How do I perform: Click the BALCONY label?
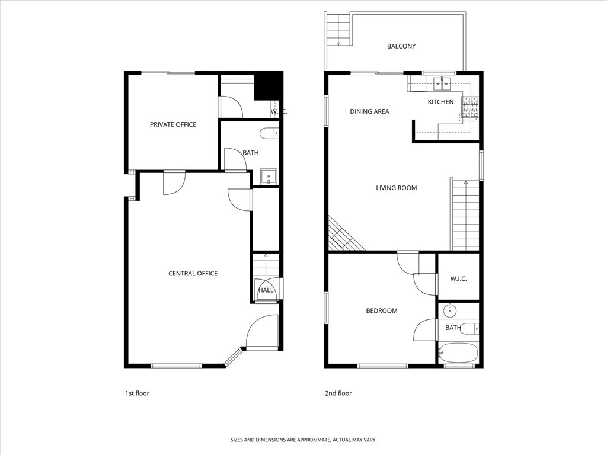click(x=401, y=46)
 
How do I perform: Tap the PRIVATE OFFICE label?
click(x=173, y=124)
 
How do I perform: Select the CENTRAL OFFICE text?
click(x=193, y=273)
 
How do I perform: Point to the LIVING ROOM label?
click(x=397, y=188)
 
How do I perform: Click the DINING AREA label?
click(x=369, y=111)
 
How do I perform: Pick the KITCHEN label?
click(x=440, y=102)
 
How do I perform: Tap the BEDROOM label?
click(x=382, y=310)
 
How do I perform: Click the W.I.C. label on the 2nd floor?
click(x=458, y=278)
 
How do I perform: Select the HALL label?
click(x=266, y=290)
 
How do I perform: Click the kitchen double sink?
click(x=442, y=83)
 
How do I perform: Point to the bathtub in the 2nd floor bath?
click(x=458, y=353)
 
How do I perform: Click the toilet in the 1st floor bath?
click(x=270, y=133)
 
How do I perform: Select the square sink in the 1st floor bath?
click(x=269, y=177)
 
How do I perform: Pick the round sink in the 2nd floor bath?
click(x=450, y=309)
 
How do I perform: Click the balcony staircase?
click(x=338, y=29)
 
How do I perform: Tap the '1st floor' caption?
click(x=137, y=393)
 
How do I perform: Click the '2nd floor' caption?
click(x=338, y=393)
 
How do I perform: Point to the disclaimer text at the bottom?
click(x=303, y=440)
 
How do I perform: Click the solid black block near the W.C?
click(x=268, y=86)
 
